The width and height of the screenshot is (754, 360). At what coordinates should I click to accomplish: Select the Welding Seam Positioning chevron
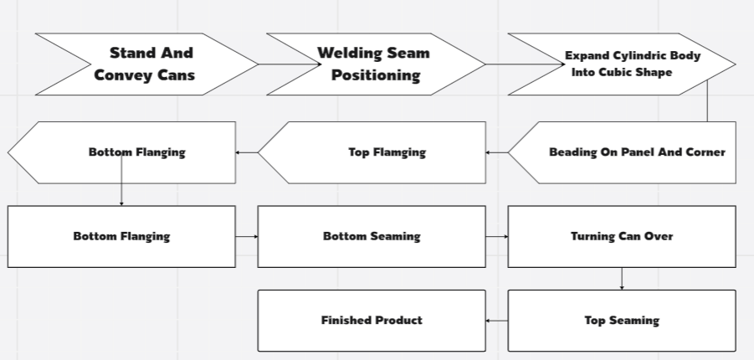pos(375,64)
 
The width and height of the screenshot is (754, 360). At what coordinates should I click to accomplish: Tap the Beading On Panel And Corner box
pos(636,152)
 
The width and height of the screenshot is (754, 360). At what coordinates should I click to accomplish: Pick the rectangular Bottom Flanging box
pos(121,236)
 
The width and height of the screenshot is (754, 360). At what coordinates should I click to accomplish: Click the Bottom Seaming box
pos(372,236)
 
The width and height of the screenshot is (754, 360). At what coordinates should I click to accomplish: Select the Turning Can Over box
pos(622,236)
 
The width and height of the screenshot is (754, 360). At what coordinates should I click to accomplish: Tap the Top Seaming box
pos(622,320)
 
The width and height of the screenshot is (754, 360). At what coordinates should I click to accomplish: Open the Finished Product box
pos(372,320)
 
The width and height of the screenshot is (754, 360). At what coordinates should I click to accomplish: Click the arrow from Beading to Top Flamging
pos(497,152)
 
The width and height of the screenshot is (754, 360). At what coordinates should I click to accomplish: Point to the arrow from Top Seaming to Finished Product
pos(497,320)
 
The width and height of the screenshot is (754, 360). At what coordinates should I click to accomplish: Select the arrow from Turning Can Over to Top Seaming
pos(622,279)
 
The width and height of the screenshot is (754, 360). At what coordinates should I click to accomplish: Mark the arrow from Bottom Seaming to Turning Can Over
pos(497,236)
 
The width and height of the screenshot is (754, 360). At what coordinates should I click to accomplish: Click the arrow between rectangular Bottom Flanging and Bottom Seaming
pos(247,236)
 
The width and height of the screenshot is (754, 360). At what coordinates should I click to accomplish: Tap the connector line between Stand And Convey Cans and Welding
pos(262,64)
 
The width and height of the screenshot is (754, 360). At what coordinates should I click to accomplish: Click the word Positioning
pos(375,75)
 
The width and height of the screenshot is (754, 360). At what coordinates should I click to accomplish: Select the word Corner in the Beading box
pos(705,152)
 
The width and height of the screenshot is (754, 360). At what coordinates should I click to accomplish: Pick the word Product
pos(398,320)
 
